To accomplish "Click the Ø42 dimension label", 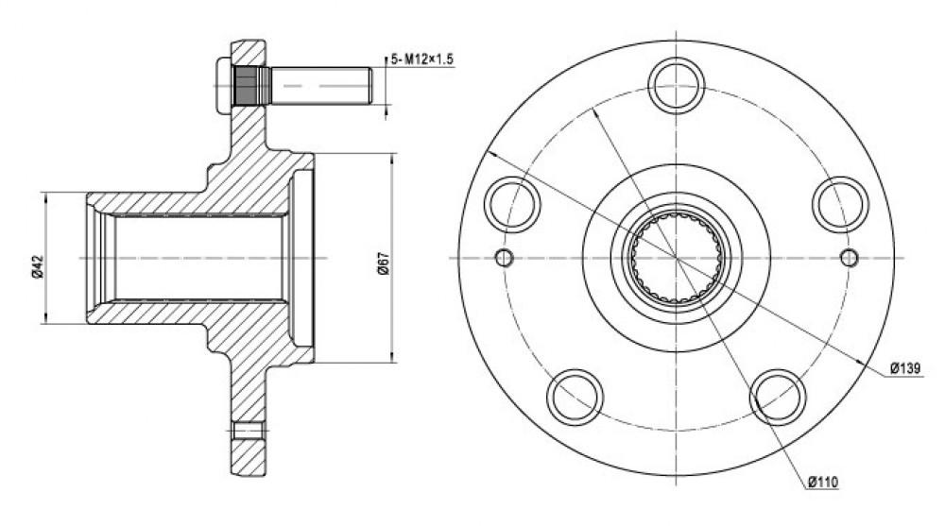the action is click(x=37, y=266).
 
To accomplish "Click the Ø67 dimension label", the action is click(x=383, y=263).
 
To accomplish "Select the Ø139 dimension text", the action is click(x=905, y=367).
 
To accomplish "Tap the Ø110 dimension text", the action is click(x=823, y=482).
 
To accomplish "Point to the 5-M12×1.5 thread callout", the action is click(x=421, y=59).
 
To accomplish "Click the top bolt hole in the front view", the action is click(x=677, y=85).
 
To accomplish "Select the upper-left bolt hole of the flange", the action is click(x=513, y=204).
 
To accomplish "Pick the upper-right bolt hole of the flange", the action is click(x=841, y=204).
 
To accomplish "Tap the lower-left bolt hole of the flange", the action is click(x=576, y=397).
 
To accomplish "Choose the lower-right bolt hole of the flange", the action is click(x=778, y=397).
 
